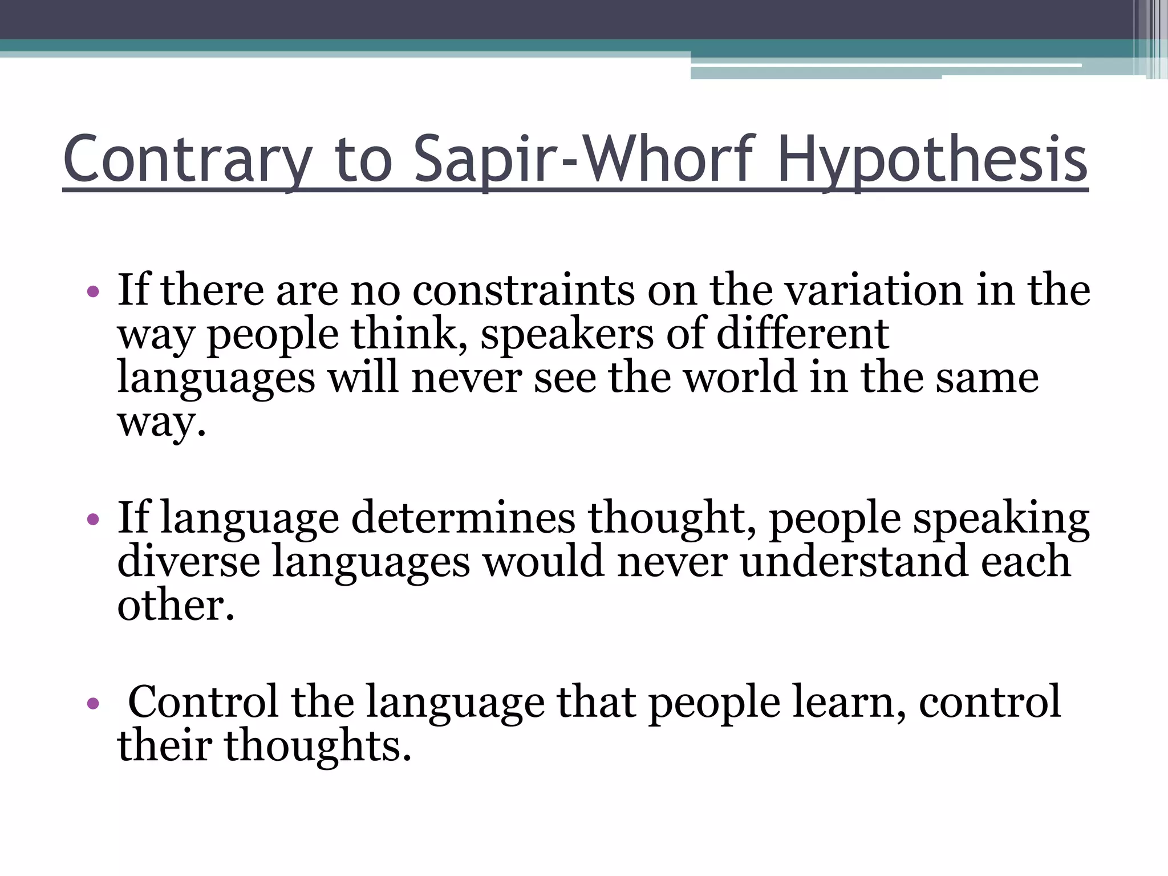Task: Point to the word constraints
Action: coord(523,290)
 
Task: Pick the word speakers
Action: coord(566,334)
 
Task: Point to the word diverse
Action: coord(189,561)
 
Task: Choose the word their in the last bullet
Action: coord(165,745)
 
